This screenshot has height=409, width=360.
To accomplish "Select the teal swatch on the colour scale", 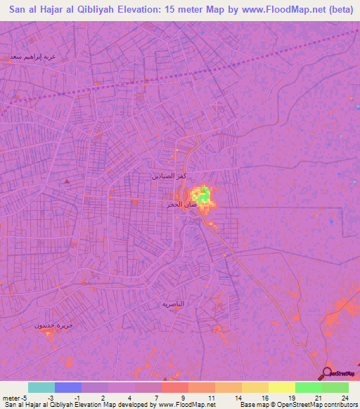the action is pyautogui.click(x=41, y=387).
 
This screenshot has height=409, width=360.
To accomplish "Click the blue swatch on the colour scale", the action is pyautogui.click(x=68, y=387).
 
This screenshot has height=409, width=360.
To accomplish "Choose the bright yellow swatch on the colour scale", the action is pyautogui.click(x=282, y=387).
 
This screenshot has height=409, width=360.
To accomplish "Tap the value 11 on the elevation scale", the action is pyautogui.click(x=210, y=398).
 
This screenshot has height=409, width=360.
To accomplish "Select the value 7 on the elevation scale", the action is pyautogui.click(x=156, y=398).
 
